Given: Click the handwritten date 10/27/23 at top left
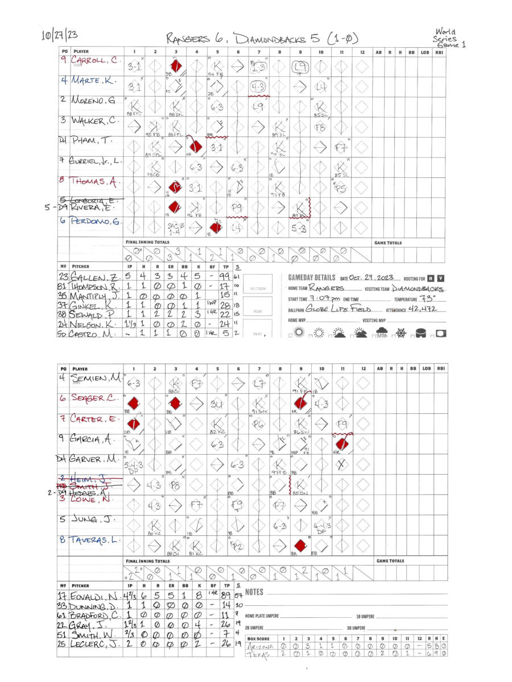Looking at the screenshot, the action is tap(59, 35).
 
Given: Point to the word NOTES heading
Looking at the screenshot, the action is tap(254, 592).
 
